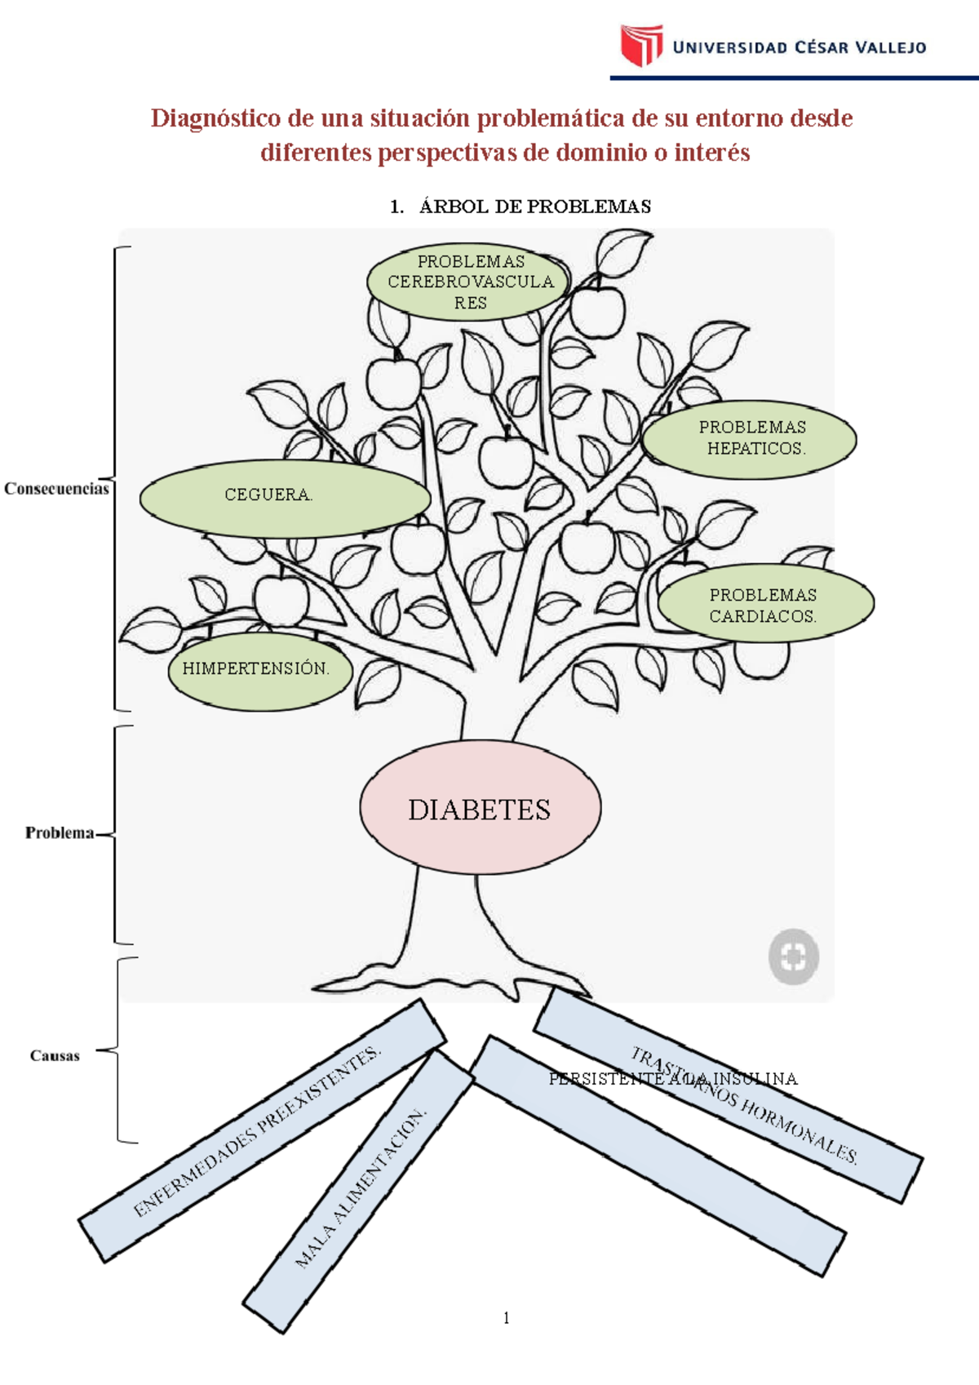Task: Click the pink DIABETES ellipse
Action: tap(480, 808)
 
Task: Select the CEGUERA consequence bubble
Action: tap(284, 497)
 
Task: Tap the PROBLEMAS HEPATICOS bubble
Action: tap(749, 439)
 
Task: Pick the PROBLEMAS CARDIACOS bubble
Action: tap(764, 605)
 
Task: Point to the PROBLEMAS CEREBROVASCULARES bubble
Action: tap(468, 282)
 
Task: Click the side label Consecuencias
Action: tap(56, 489)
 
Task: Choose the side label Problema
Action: tap(59, 833)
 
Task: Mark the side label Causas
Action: tap(55, 1056)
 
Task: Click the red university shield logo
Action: tap(641, 45)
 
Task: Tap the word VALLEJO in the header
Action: tap(890, 48)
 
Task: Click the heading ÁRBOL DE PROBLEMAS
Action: tap(534, 206)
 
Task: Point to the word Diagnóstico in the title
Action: tap(215, 118)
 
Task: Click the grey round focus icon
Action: tap(793, 957)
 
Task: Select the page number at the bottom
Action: tap(507, 1317)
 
